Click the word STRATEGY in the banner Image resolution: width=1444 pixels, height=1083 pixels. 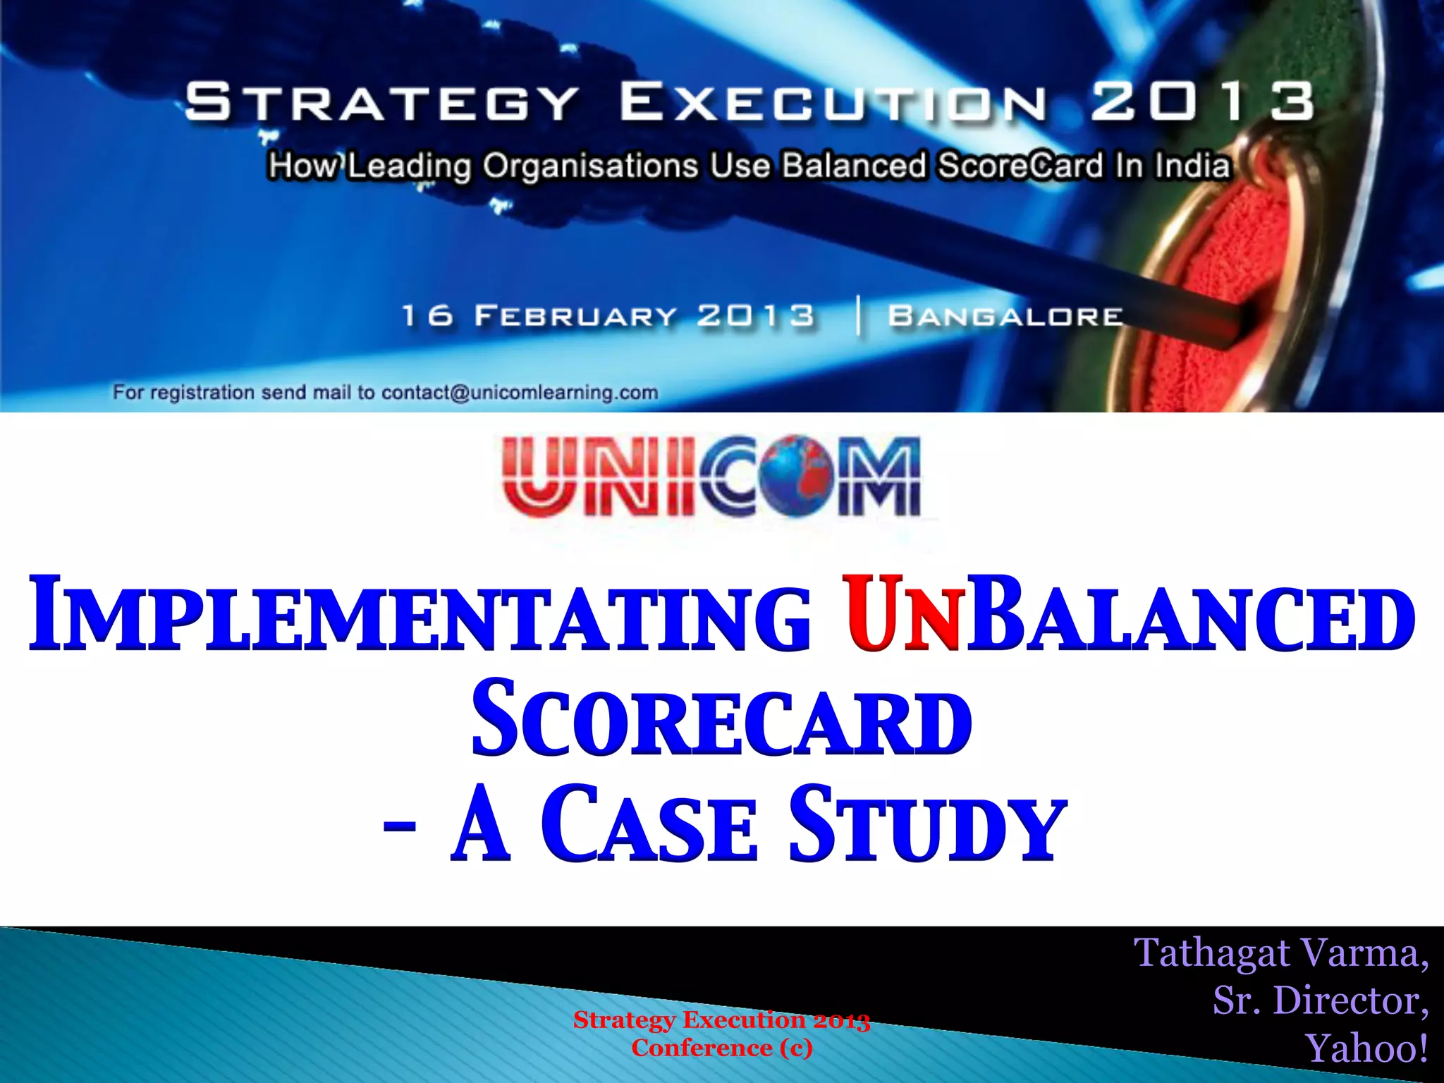click(381, 102)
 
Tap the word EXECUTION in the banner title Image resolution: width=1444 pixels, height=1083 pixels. click(833, 102)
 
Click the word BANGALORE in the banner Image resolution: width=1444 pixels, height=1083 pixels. click(1005, 317)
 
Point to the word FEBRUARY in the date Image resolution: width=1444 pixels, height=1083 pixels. click(575, 316)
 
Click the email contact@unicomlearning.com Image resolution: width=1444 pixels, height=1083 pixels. click(520, 393)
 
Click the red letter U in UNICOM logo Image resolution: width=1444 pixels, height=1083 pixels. click(540, 476)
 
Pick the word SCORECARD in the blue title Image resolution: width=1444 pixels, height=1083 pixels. click(721, 719)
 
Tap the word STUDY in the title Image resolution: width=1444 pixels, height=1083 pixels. click(926, 825)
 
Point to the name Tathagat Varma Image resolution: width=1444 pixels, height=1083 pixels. click(1280, 953)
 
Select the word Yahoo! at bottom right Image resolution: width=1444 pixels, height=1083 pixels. click(1366, 1048)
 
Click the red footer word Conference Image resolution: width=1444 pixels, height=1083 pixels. click(702, 1048)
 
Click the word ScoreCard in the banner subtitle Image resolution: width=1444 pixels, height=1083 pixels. click(1020, 166)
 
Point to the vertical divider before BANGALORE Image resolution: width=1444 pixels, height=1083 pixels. click(858, 315)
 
